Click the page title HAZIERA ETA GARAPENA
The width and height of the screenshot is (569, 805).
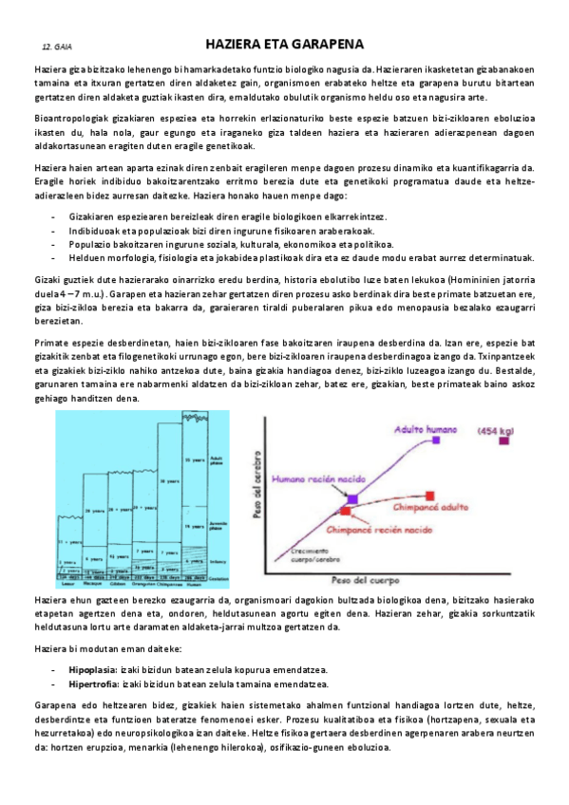(284, 45)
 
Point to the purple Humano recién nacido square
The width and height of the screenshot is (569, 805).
(352, 498)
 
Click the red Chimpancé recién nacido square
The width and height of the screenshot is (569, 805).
(345, 512)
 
